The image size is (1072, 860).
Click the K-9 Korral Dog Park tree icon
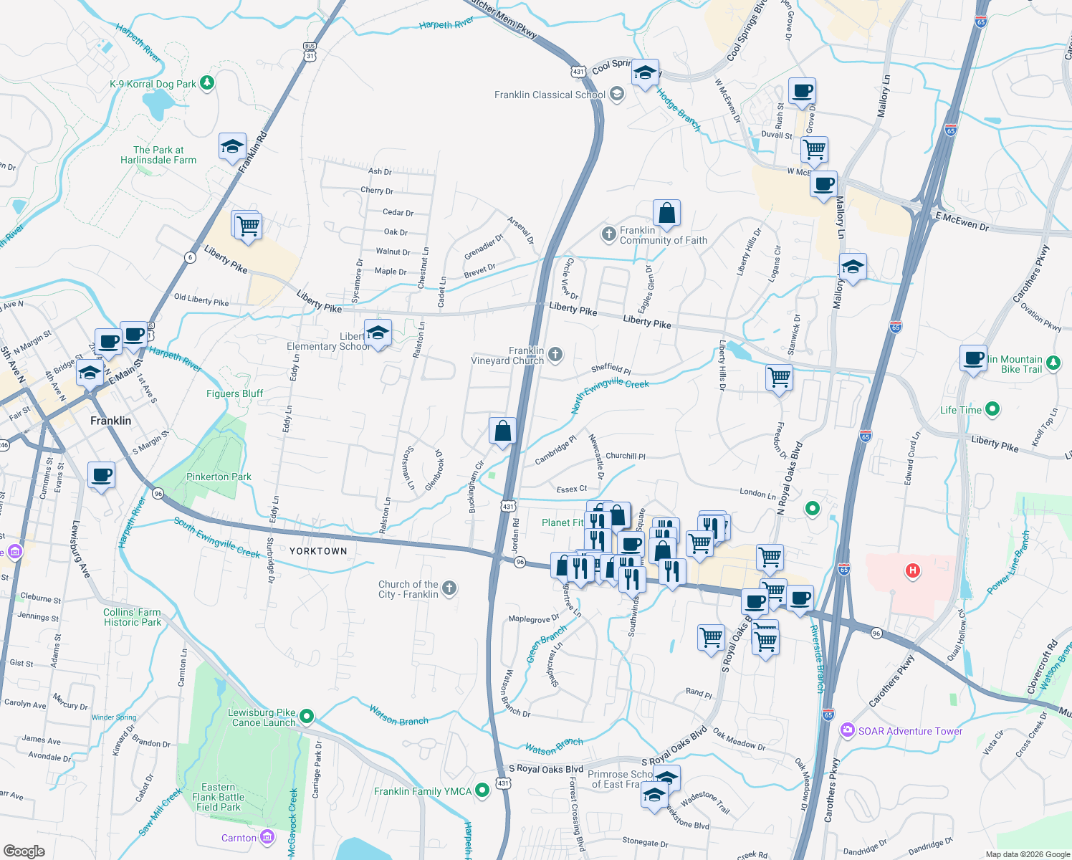click(x=207, y=83)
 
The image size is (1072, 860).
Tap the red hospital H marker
click(x=912, y=570)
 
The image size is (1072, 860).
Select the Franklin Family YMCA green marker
click(x=482, y=790)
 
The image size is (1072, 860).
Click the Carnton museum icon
click(x=267, y=836)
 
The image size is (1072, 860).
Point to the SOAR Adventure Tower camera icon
click(x=848, y=730)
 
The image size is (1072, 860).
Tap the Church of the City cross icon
click(x=449, y=588)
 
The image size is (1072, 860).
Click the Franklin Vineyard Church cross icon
click(x=555, y=354)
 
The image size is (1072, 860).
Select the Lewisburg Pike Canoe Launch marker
click(x=307, y=716)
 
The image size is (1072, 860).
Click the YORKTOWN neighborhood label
click(x=318, y=551)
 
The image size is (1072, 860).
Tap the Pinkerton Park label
click(x=219, y=477)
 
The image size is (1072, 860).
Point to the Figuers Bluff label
click(x=234, y=393)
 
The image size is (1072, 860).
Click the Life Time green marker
click(x=992, y=409)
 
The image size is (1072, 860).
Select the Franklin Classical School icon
click(x=617, y=94)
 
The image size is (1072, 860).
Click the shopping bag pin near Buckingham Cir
click(x=503, y=431)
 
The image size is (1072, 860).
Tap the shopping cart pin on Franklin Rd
click(x=248, y=225)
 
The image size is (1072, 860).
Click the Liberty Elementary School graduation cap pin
click(x=378, y=333)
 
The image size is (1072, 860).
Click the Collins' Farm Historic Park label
click(x=133, y=617)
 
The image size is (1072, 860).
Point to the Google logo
click(x=24, y=851)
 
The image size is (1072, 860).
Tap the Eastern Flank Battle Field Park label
click(x=218, y=797)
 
